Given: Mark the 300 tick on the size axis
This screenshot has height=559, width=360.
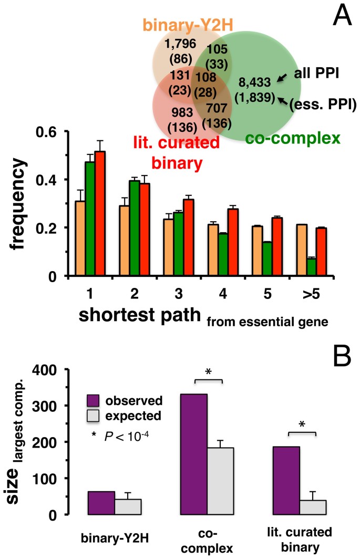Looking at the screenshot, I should pos(52,406).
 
